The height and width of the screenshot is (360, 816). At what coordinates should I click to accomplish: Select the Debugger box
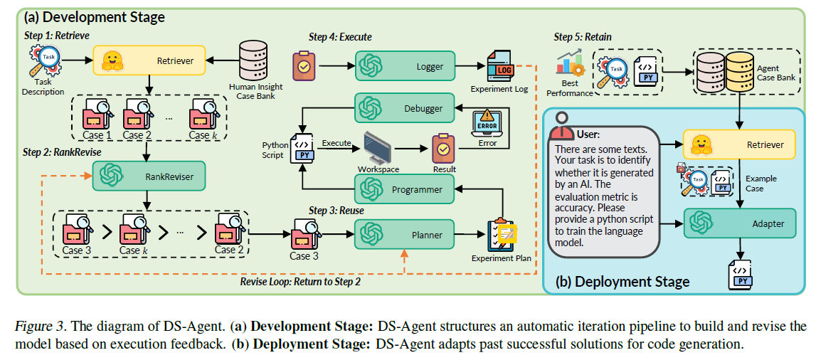click(x=405, y=109)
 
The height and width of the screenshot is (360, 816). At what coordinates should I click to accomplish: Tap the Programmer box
click(x=405, y=189)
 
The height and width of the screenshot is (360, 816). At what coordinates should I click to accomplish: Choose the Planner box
click(x=405, y=235)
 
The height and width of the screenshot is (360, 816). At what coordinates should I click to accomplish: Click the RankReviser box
click(x=149, y=176)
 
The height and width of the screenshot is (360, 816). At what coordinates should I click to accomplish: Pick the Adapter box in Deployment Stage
click(x=740, y=223)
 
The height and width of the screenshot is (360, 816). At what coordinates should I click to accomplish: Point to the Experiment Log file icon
click(x=501, y=67)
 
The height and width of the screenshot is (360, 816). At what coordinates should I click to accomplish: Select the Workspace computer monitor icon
click(x=378, y=147)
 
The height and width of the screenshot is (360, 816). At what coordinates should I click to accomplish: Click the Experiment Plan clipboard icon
click(x=501, y=235)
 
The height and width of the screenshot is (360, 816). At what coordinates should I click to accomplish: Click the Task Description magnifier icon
click(x=44, y=61)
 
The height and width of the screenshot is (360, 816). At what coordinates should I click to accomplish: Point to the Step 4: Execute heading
click(x=340, y=38)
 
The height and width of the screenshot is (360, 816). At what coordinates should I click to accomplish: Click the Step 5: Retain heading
click(x=583, y=37)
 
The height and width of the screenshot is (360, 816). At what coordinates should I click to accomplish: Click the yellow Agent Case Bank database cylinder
click(x=741, y=72)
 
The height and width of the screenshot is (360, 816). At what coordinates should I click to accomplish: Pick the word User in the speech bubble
click(x=588, y=134)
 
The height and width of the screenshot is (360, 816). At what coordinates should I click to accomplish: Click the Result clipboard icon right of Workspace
click(x=443, y=149)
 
